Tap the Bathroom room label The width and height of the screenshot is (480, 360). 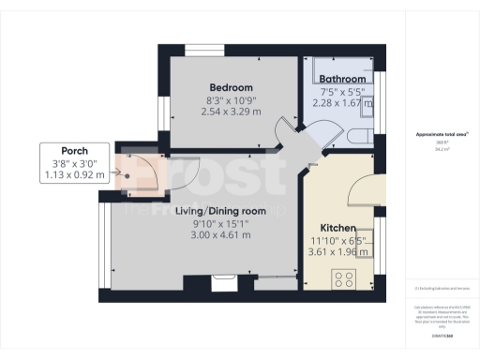[341, 80]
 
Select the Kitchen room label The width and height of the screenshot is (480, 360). [337, 228]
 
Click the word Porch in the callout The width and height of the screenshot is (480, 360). [74, 150]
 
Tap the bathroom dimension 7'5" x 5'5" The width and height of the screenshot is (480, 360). [341, 92]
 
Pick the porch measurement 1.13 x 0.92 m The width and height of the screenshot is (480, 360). [75, 174]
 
